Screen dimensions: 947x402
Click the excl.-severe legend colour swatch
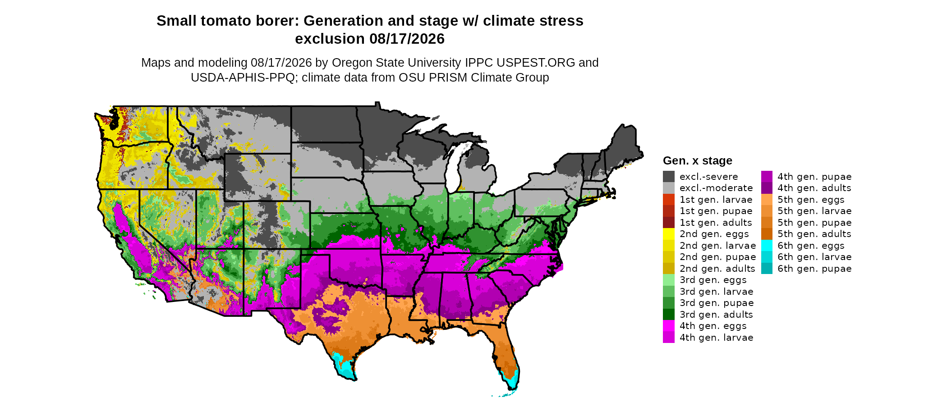point(669,177)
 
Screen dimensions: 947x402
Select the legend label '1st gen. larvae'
point(716,200)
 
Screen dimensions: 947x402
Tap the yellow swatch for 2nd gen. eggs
point(669,234)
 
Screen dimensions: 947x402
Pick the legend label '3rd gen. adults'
point(716,315)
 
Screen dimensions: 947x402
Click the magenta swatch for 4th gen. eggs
point(669,326)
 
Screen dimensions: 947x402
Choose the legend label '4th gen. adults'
point(814,188)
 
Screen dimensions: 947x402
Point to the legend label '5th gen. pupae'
point(814,223)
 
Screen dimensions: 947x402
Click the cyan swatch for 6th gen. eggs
point(767,246)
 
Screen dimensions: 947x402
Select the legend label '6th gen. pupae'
point(814,269)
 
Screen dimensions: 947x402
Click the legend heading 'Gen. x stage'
point(698,160)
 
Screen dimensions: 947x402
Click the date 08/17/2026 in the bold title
point(407,39)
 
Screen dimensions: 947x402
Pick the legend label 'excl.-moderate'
point(716,188)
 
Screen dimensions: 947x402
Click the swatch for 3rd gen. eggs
point(669,280)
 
